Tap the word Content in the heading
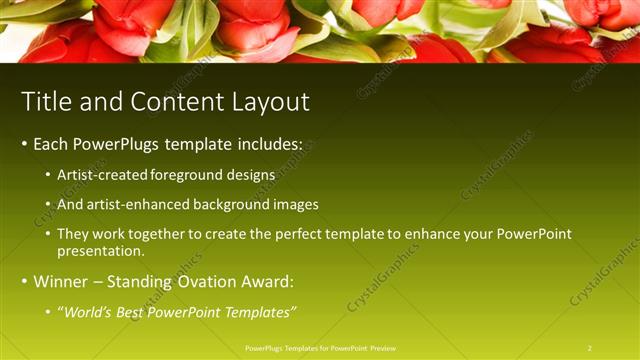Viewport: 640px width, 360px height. coord(172,102)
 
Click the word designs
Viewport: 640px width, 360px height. coord(252,175)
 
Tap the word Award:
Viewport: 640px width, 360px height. coord(263,282)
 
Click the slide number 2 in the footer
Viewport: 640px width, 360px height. coord(590,348)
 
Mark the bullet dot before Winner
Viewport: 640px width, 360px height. coord(24,282)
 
